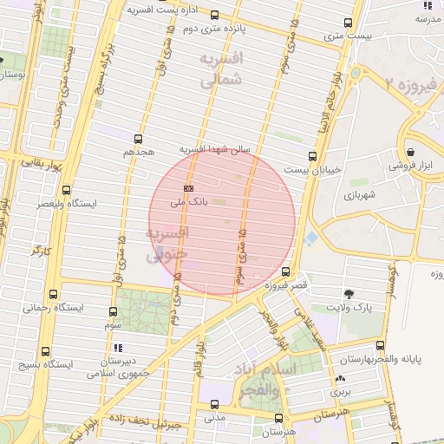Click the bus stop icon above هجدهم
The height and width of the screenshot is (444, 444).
point(138,139)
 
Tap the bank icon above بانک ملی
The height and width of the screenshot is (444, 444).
point(188,187)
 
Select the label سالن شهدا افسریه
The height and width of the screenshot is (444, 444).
point(214,150)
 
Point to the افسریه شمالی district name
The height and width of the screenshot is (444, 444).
point(219,70)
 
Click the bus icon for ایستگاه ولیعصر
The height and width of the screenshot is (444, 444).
point(67,190)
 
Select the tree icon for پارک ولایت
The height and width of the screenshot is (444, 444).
point(349,295)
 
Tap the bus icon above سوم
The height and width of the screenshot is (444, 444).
point(113,310)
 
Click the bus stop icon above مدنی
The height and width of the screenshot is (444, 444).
point(214,404)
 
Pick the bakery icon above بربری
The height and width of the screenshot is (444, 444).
point(340,379)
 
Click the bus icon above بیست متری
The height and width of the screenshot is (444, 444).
point(348,23)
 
